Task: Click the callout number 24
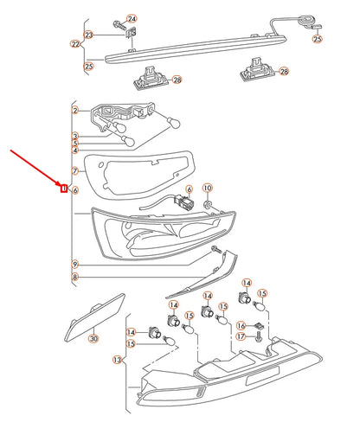click(132, 19)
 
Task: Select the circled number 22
click(75, 44)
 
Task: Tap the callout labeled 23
click(88, 35)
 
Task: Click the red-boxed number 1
click(64, 189)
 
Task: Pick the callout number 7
click(75, 171)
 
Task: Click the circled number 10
click(208, 188)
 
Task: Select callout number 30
click(93, 338)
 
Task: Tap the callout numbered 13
click(117, 360)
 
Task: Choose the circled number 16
click(241, 326)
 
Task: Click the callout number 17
click(241, 336)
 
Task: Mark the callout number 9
click(75, 264)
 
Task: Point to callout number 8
click(75, 277)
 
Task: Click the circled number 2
click(75, 110)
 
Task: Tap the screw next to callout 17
click(259, 336)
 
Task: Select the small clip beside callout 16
click(260, 326)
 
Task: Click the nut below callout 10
click(208, 205)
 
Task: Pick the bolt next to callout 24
click(119, 25)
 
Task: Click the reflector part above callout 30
click(94, 317)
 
